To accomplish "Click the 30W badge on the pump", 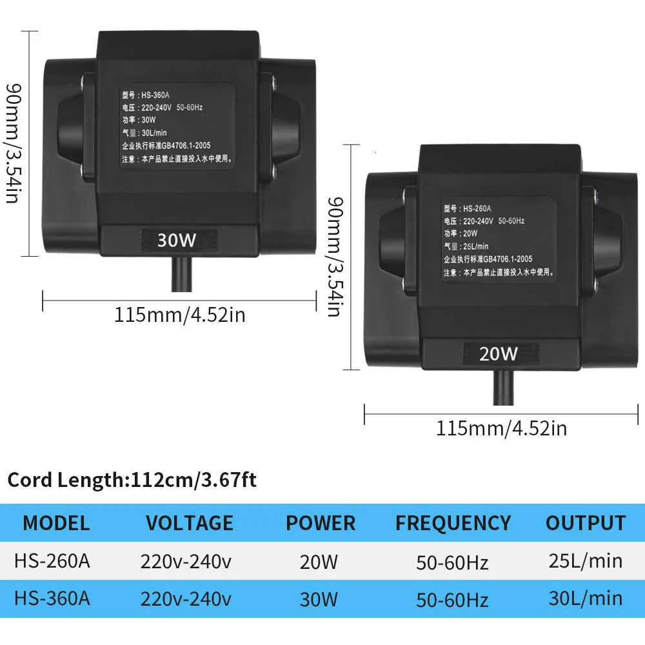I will (x=177, y=240).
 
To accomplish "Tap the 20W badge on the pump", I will (x=499, y=353).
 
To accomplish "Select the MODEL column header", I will (x=56, y=522).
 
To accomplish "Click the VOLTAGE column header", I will (x=189, y=522).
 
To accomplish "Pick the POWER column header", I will (x=321, y=522).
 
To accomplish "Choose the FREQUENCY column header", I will (x=453, y=522).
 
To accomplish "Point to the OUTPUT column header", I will (x=586, y=522).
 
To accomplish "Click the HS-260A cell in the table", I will (x=52, y=561).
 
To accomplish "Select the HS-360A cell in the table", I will (x=52, y=598).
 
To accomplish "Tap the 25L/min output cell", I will (x=586, y=561).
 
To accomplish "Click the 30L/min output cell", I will (x=586, y=598).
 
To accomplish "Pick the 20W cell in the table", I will (x=319, y=562).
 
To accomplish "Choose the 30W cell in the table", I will (x=319, y=599).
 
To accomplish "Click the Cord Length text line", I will (x=132, y=481).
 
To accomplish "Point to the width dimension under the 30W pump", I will (x=180, y=315).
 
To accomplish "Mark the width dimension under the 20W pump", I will (x=502, y=428).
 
